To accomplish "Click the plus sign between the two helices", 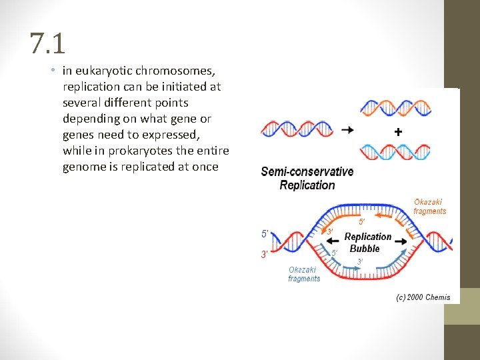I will pos(398,132).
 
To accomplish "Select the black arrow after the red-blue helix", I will pos(347,130).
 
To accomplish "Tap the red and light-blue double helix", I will pos(395,152).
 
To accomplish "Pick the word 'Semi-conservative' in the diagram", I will pos(307,172).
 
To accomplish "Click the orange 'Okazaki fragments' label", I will pos(429,207).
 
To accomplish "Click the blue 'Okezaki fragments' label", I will pos(304,274).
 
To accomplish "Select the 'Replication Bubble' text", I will pos(367,243).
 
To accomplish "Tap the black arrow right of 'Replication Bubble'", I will pos(402,239).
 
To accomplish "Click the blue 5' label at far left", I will pos(265,234).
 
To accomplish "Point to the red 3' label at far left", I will pos(265,254).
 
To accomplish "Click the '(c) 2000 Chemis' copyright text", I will pos(423,297).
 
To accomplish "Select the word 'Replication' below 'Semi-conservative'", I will pos(307,185).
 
